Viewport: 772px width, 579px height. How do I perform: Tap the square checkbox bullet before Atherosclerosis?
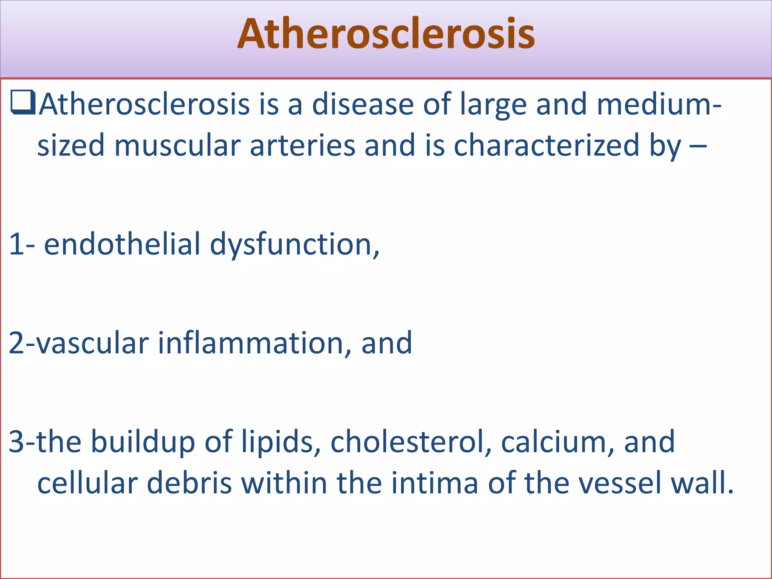23,103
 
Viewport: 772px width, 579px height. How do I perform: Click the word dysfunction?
294,245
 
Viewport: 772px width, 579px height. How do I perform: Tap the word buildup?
143,442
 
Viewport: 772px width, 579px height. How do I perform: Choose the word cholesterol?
411,442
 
